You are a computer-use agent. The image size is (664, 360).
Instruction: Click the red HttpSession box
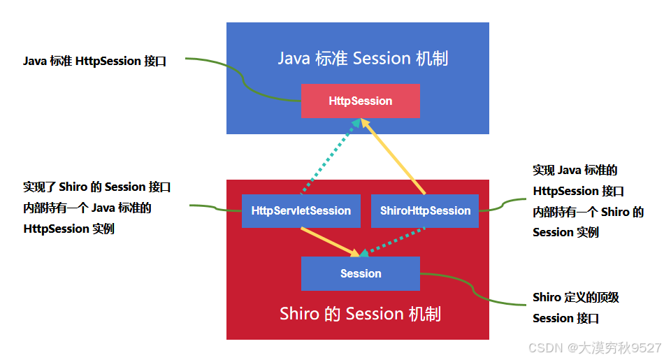(x=360, y=101)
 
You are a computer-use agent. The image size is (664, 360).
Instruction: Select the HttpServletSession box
(x=301, y=210)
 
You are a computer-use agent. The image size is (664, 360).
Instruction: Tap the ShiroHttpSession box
(x=425, y=210)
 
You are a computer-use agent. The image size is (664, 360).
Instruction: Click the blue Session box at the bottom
(x=360, y=273)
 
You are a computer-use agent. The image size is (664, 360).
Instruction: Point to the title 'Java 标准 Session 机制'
(x=363, y=58)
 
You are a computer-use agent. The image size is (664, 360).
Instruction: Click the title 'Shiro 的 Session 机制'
(x=360, y=314)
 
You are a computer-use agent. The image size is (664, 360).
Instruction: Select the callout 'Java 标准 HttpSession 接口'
(x=95, y=61)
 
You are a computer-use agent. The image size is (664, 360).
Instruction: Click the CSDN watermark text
(x=594, y=347)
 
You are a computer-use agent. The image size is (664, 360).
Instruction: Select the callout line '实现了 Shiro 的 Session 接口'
(x=97, y=187)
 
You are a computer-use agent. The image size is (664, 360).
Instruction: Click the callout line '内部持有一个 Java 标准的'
(x=87, y=208)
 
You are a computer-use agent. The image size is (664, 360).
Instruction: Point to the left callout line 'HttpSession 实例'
(x=68, y=229)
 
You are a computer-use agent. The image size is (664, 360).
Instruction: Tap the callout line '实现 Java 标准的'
(x=575, y=170)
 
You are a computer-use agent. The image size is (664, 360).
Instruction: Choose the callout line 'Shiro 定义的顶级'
(x=576, y=297)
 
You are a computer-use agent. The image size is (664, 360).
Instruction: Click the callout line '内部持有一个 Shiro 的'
(x=588, y=212)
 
